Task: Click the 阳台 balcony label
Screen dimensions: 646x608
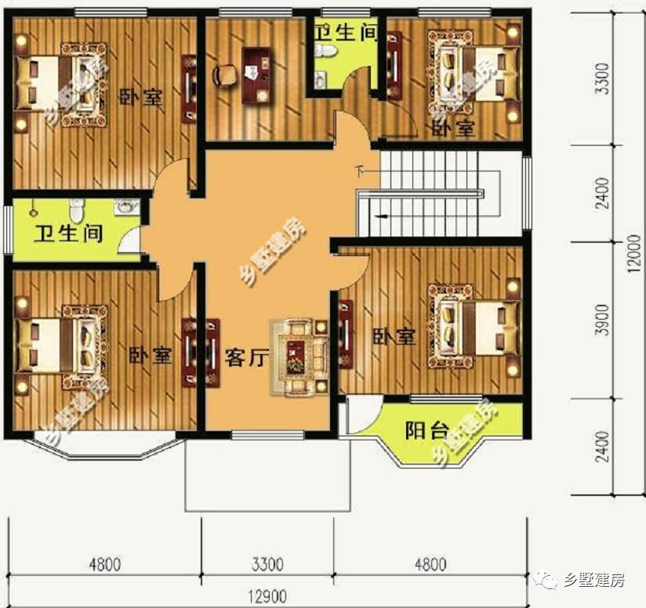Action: click(x=426, y=431)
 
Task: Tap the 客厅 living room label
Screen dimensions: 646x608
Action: click(x=246, y=358)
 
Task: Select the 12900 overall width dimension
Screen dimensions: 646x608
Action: click(x=268, y=597)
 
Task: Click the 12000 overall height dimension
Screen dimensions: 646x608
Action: click(x=634, y=253)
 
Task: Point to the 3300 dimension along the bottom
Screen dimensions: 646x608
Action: click(x=267, y=564)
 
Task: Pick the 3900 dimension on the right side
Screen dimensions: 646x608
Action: click(x=602, y=320)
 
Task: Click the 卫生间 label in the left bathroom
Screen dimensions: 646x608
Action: click(x=68, y=233)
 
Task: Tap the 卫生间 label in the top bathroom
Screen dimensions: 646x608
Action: click(x=345, y=31)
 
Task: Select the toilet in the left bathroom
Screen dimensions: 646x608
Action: click(x=76, y=209)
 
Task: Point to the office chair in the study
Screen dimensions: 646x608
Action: click(x=225, y=75)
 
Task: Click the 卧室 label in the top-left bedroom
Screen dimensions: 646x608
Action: click(x=141, y=97)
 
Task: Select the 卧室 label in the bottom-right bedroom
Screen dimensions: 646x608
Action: click(x=394, y=337)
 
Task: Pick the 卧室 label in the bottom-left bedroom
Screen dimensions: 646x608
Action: click(x=150, y=355)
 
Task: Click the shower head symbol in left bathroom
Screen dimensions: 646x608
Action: click(x=34, y=210)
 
